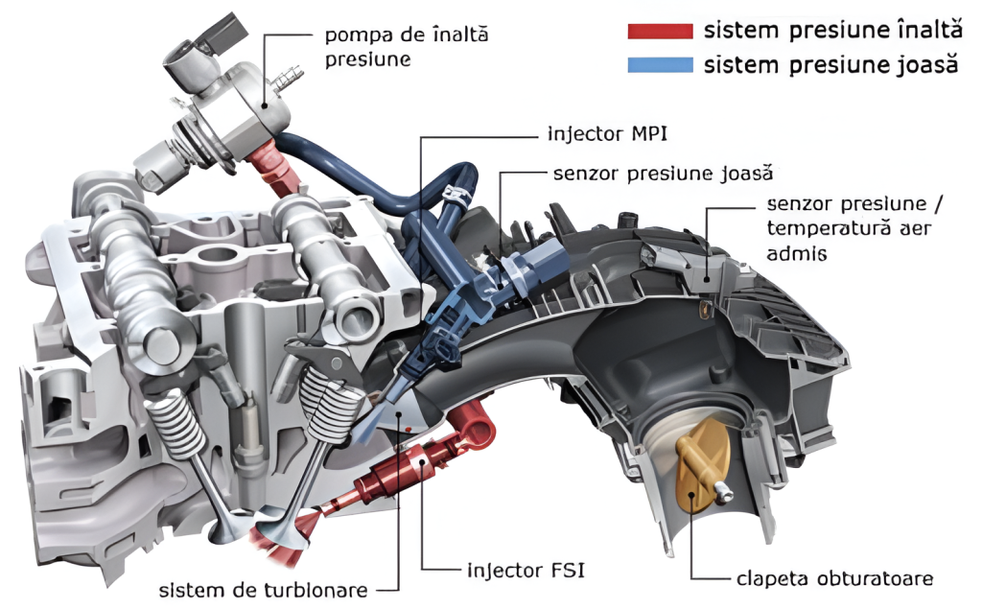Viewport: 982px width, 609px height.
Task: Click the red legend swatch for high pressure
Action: pos(660,31)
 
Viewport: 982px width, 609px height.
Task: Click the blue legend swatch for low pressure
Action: pos(660,65)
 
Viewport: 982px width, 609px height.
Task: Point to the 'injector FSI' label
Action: pos(526,571)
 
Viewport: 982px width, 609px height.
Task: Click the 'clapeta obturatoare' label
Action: pos(834,578)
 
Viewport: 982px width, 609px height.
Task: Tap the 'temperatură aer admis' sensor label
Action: pos(848,229)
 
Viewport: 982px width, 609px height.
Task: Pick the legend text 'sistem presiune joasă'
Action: pos(830,65)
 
